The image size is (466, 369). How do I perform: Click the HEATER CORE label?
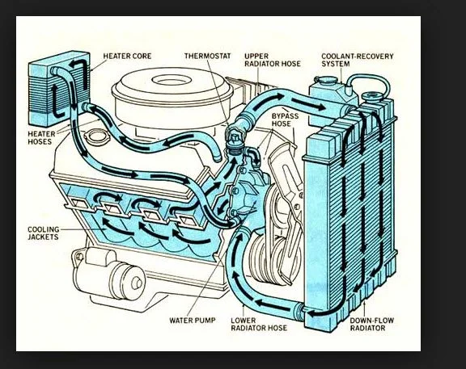tap(127, 56)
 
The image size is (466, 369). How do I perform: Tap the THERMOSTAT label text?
tap(207, 56)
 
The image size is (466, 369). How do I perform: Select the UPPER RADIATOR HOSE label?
tap(273, 60)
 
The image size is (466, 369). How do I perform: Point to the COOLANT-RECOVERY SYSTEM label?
tap(358, 60)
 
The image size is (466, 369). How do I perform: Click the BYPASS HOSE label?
tap(285, 120)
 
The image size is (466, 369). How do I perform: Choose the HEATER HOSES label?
tap(41, 138)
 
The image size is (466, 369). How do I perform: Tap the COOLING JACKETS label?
tap(44, 233)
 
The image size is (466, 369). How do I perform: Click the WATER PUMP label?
tap(193, 321)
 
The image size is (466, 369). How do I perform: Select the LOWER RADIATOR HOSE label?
tap(259, 325)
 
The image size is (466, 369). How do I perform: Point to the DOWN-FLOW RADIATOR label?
tap(372, 325)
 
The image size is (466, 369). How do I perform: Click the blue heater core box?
tap(59, 88)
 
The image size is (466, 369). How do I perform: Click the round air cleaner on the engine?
tap(172, 96)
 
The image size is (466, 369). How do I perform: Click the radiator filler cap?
tap(372, 97)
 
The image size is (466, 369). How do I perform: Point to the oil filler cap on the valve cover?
tap(97, 136)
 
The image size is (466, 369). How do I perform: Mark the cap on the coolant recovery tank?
tap(326, 79)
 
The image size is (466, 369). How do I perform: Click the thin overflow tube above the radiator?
tap(370, 76)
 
